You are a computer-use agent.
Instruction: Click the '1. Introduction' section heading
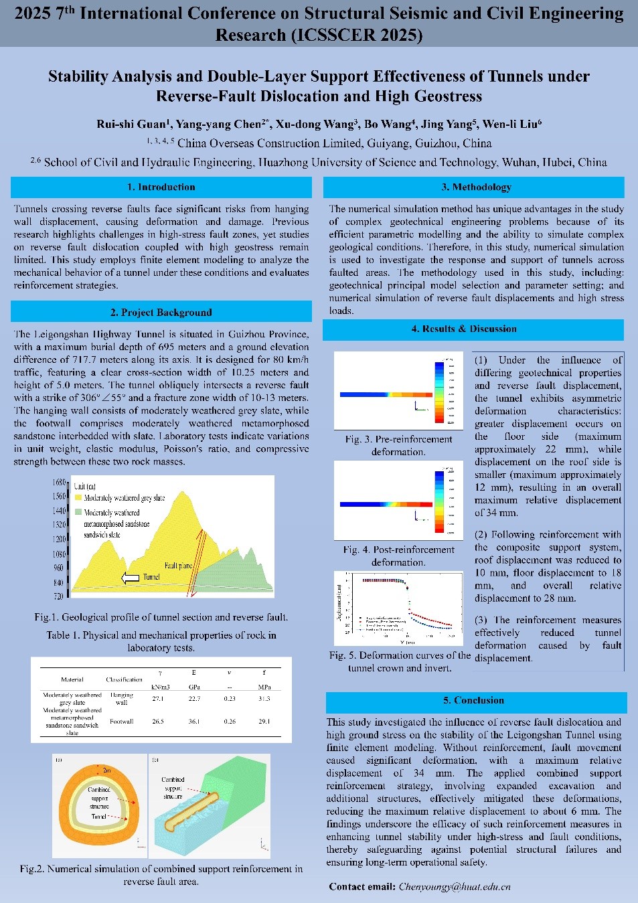click(161, 187)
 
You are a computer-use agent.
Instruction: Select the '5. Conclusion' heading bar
click(473, 701)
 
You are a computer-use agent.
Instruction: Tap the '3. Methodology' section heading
click(476, 187)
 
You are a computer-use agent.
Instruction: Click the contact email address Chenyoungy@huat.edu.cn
click(455, 886)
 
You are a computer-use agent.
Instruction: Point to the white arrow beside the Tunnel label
click(130, 578)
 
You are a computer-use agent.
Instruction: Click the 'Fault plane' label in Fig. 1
click(178, 566)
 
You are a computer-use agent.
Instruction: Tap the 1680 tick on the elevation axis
click(59, 483)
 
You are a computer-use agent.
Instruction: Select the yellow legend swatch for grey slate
click(78, 498)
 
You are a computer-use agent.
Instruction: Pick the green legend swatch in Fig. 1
click(78, 512)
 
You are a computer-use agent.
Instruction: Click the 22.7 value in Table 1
click(194, 699)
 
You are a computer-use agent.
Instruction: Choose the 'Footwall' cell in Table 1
click(122, 722)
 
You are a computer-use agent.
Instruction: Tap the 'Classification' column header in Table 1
click(125, 679)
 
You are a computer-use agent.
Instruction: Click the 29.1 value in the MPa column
click(264, 722)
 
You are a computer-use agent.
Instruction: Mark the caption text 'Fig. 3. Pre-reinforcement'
click(398, 439)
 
